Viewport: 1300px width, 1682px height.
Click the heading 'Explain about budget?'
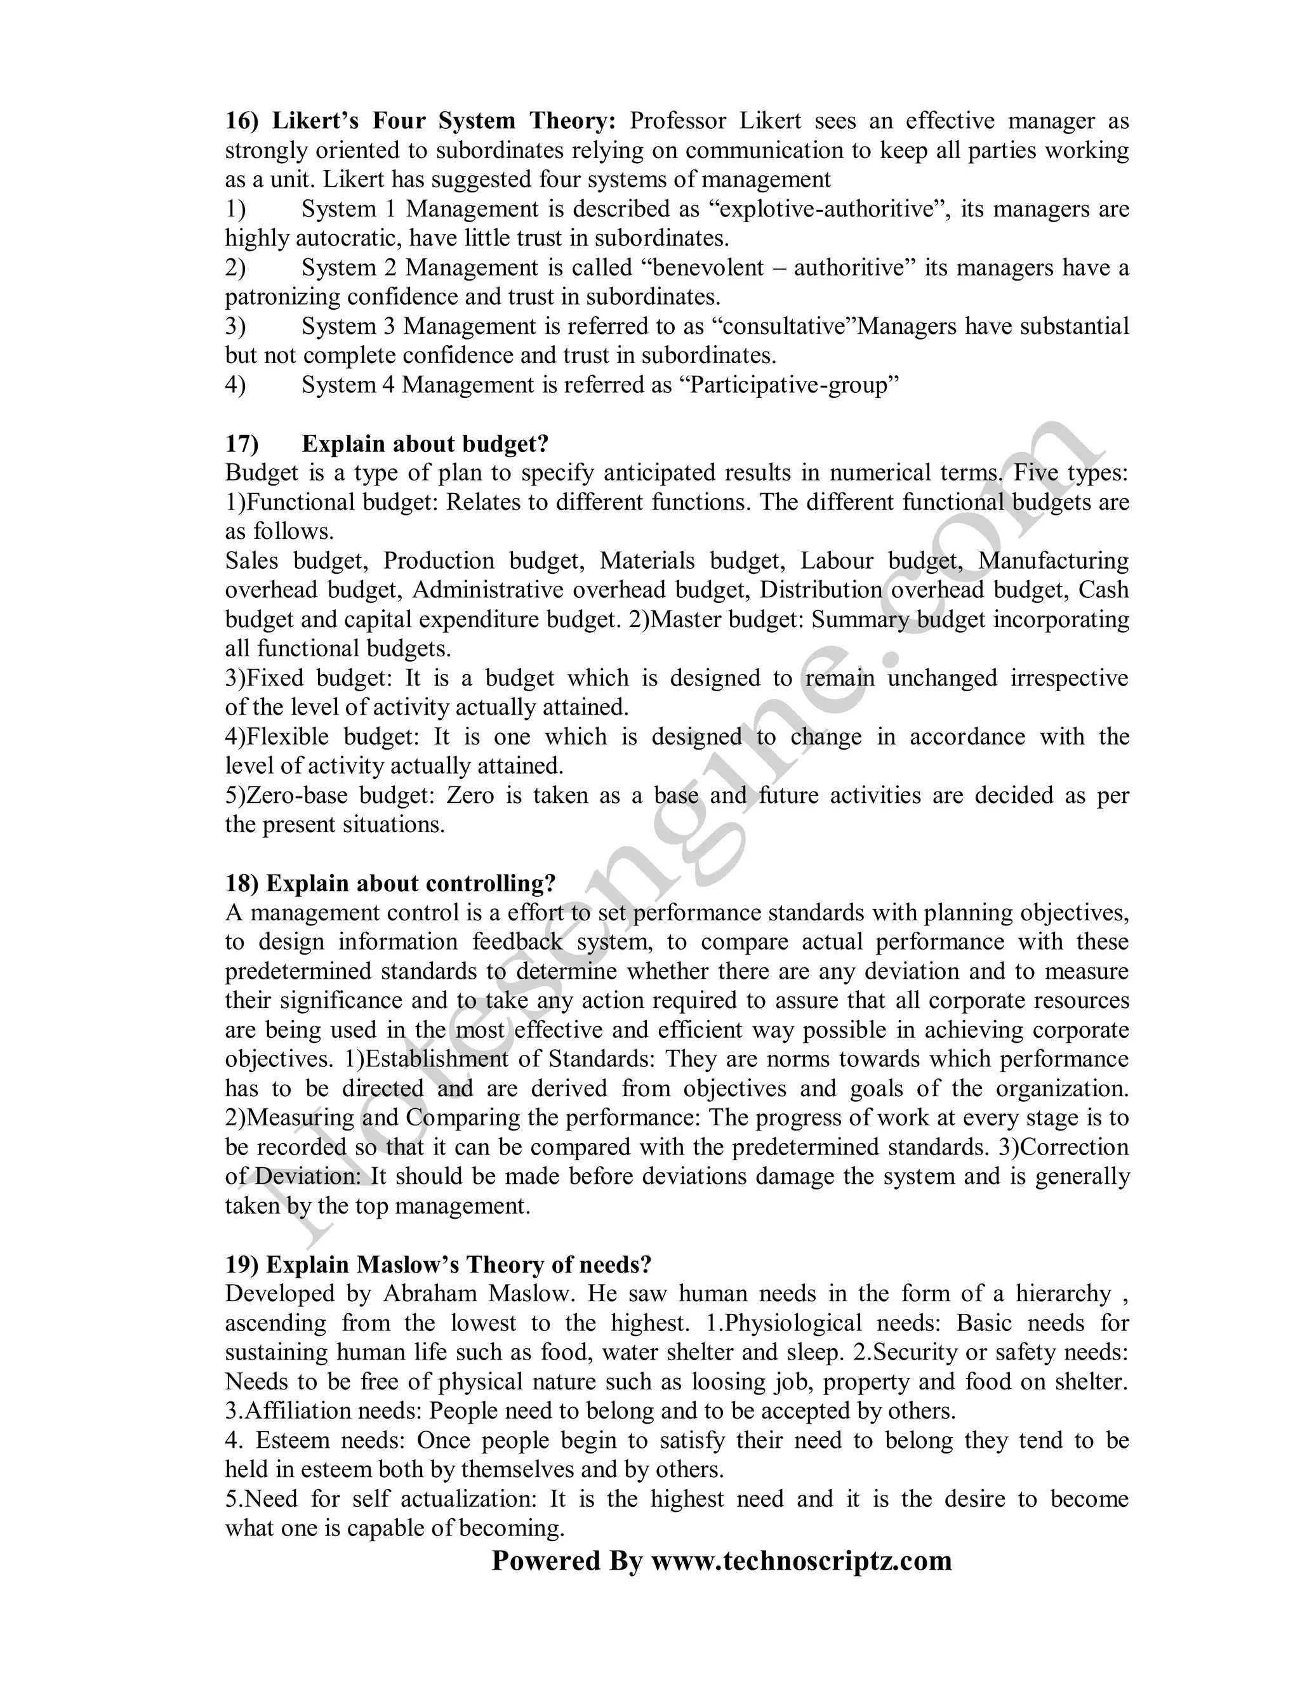425,444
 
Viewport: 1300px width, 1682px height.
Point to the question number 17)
242,444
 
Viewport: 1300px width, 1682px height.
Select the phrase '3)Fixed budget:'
309,679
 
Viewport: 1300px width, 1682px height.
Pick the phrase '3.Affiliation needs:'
324,1411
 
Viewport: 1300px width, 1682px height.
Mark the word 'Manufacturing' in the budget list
1053,562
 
